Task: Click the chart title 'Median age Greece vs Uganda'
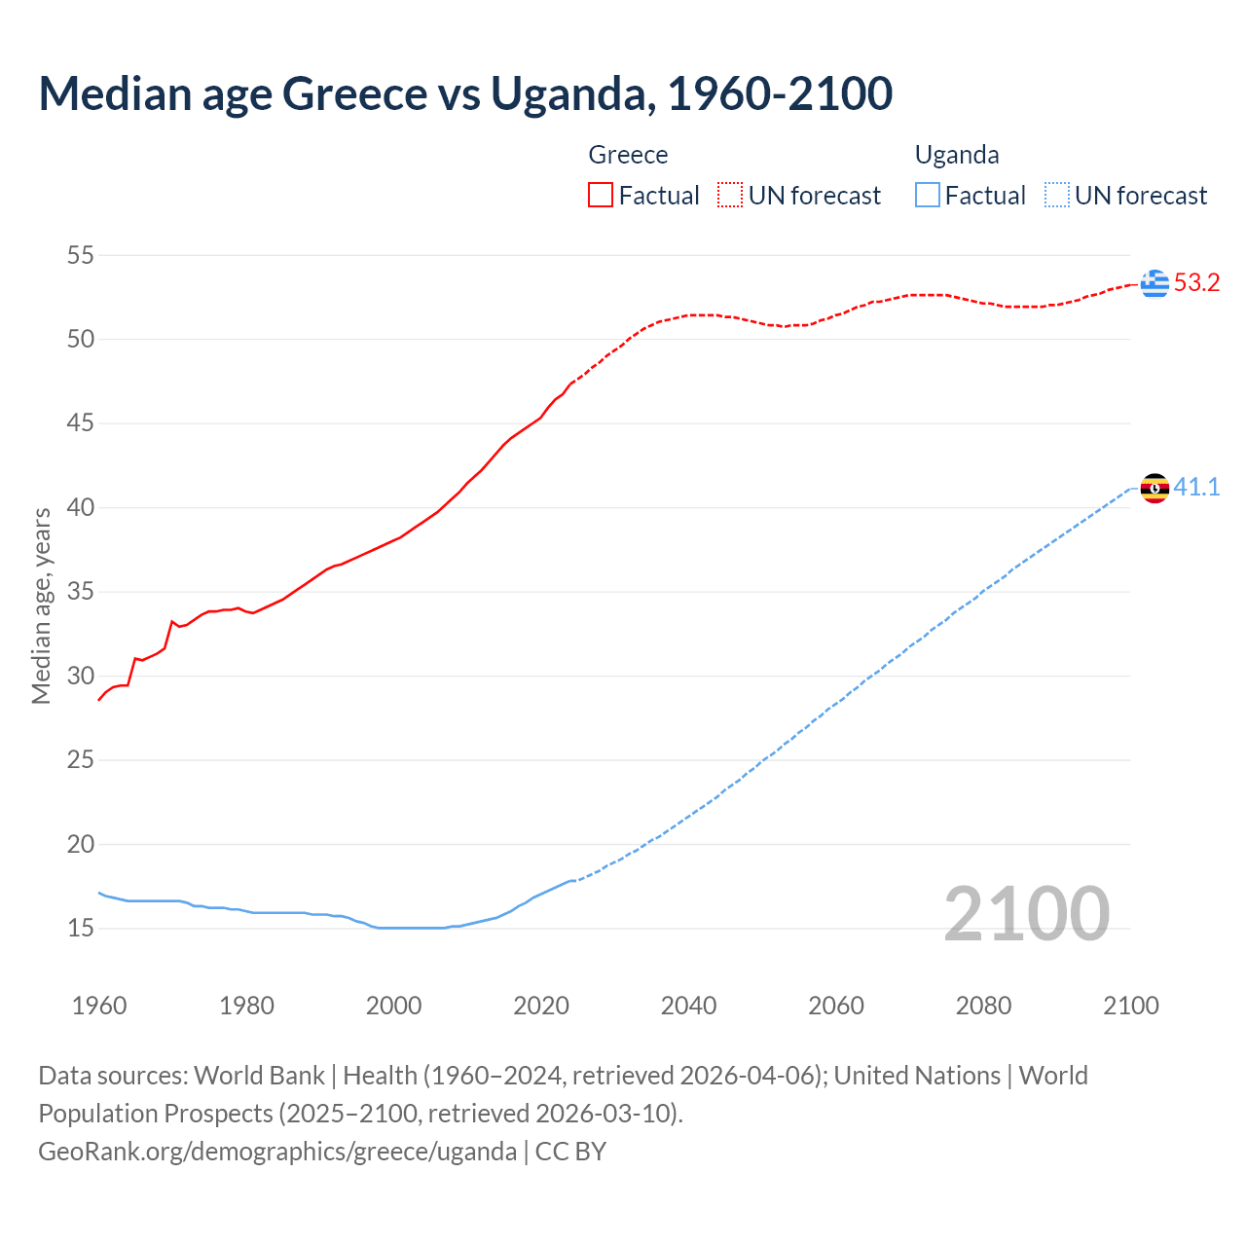(465, 93)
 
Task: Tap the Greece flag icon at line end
(1154, 283)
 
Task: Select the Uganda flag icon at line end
(1154, 488)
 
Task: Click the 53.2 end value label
(1196, 283)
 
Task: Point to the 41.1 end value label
(1196, 487)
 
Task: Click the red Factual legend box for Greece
(601, 196)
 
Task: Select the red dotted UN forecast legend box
(730, 196)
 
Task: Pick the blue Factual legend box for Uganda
(928, 196)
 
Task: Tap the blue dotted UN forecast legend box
(1056, 196)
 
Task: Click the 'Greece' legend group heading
(628, 155)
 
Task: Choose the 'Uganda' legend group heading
(957, 155)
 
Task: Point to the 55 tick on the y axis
(81, 255)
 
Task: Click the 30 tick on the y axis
(81, 676)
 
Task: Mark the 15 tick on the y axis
(81, 928)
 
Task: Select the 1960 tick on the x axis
(99, 1006)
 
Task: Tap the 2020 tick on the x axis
(541, 1006)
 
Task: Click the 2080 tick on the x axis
(983, 1006)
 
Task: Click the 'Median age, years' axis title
(41, 605)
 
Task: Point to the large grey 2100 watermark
(1026, 914)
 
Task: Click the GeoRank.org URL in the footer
(277, 1152)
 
